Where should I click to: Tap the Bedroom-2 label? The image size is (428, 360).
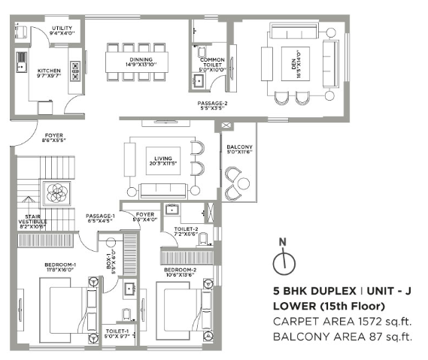[x=181, y=271]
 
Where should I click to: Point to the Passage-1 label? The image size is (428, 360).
[x=99, y=218]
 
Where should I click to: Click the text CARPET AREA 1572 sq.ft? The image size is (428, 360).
[x=342, y=321]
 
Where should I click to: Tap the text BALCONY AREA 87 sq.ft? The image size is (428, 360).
[x=342, y=336]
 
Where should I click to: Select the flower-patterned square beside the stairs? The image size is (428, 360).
[x=57, y=193]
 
